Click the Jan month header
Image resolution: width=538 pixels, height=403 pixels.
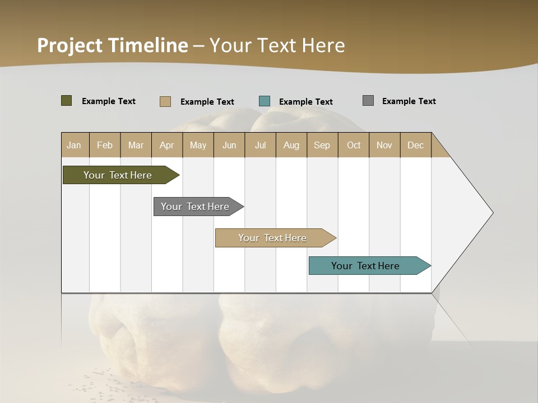(x=74, y=145)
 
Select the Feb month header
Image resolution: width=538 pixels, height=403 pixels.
(x=105, y=145)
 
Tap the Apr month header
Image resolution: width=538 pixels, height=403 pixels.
(x=167, y=145)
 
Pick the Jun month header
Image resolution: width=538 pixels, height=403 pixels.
(x=229, y=145)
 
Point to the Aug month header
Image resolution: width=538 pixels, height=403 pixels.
(x=291, y=145)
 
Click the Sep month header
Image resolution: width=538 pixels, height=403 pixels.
(x=322, y=145)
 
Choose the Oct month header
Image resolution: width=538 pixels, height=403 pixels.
(x=354, y=145)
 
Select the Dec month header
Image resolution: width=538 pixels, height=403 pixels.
(x=416, y=145)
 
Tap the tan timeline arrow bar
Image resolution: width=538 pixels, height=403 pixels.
(x=273, y=238)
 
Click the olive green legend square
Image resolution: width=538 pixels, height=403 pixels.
(x=67, y=101)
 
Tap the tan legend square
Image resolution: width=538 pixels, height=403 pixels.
(x=165, y=101)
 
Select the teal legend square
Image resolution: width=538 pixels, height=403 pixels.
(x=265, y=101)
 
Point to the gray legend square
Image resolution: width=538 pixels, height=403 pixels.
(x=368, y=101)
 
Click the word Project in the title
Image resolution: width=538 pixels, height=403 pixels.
(x=69, y=45)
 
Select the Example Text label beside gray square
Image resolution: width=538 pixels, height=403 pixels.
(x=409, y=101)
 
